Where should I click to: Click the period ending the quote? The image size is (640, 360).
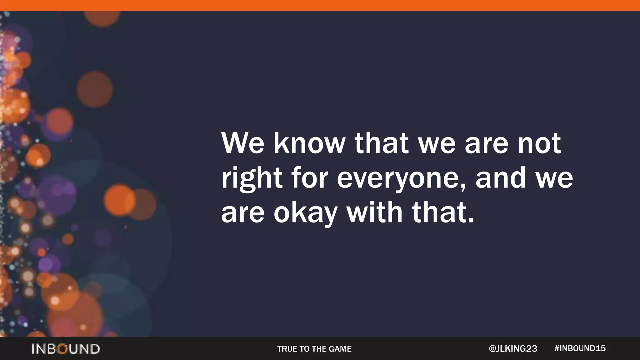tap(471, 221)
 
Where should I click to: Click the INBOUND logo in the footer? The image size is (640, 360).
tap(66, 349)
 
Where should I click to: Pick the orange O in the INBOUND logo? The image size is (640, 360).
tap(62, 349)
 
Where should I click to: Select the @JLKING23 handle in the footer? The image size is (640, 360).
tap(513, 349)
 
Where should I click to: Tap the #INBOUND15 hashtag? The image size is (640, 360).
tap(580, 348)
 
